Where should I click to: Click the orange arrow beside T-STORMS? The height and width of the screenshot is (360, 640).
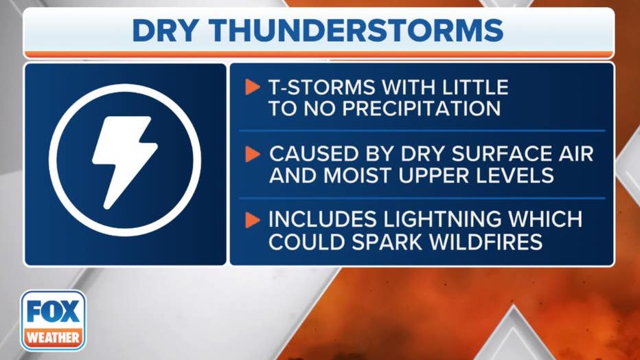point(252,87)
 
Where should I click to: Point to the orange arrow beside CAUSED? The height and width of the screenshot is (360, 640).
point(252,154)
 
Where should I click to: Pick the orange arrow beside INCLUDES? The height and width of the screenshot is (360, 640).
point(252,220)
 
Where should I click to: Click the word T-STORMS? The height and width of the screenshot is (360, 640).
point(321,87)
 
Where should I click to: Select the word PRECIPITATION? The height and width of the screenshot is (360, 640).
point(422,109)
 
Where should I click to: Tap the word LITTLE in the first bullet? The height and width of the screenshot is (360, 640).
point(472,87)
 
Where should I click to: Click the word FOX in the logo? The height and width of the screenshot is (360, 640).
point(54,311)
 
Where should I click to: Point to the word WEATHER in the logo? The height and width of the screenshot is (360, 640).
point(53,338)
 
